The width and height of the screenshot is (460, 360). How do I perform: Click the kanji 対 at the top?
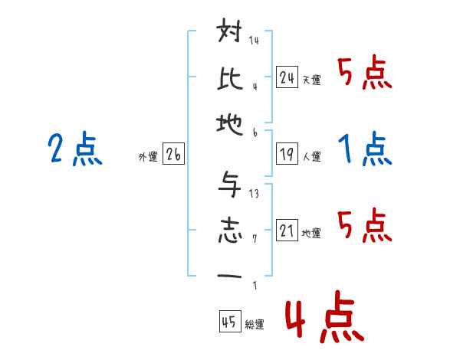[x=231, y=35]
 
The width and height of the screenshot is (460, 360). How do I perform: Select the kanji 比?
[x=231, y=79]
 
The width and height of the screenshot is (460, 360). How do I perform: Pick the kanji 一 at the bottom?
[x=231, y=277]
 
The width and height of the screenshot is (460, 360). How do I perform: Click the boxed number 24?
[x=287, y=77]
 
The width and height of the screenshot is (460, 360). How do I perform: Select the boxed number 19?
[x=287, y=154]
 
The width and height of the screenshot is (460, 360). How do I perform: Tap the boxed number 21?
[x=287, y=231]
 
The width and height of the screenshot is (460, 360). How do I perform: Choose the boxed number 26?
[x=173, y=155]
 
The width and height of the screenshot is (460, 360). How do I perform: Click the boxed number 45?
[x=228, y=322]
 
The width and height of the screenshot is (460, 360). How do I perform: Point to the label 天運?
[x=311, y=80]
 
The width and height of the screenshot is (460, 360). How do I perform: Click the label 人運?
[x=311, y=156]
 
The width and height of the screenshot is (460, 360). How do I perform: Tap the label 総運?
[x=254, y=325]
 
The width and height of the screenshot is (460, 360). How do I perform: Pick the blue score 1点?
[x=363, y=149]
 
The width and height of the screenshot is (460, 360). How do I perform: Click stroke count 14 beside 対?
[x=254, y=41]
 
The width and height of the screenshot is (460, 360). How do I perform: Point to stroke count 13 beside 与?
[x=254, y=194]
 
